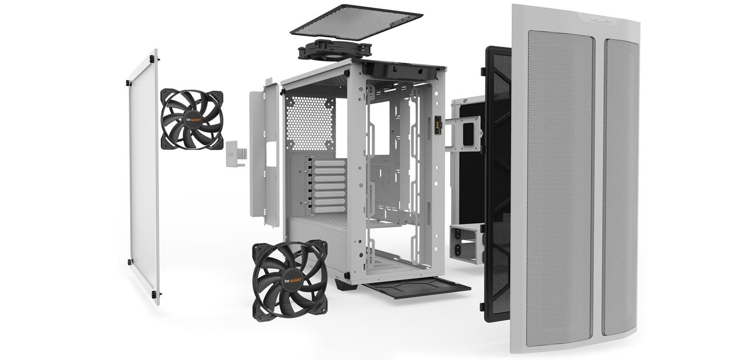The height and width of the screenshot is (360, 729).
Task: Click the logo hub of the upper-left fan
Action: (x=193, y=119)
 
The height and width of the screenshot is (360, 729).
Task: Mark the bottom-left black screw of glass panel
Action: (x=130, y=262)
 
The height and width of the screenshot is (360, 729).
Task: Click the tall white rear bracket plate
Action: (x=264, y=151)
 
